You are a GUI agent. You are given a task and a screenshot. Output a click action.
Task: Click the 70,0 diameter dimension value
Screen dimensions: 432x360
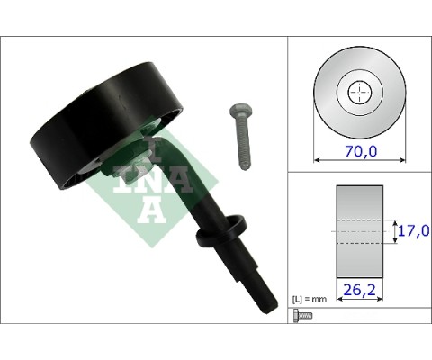click(361, 151)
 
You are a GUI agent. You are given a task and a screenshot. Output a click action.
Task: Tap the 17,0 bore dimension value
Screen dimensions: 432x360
click(414, 230)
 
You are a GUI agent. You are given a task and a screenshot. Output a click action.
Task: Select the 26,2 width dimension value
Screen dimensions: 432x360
click(359, 290)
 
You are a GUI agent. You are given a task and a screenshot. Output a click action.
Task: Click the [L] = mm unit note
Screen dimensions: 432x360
click(310, 299)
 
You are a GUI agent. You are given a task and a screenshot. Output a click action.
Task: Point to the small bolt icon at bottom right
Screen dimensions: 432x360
click(302, 316)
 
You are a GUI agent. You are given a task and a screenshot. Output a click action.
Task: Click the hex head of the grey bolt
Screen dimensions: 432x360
click(240, 111)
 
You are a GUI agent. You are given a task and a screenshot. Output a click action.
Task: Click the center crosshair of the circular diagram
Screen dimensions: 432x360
click(360, 93)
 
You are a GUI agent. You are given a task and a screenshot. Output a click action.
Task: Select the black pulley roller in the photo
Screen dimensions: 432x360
click(105, 124)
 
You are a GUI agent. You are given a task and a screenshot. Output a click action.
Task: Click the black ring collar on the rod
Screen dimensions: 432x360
click(221, 229)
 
